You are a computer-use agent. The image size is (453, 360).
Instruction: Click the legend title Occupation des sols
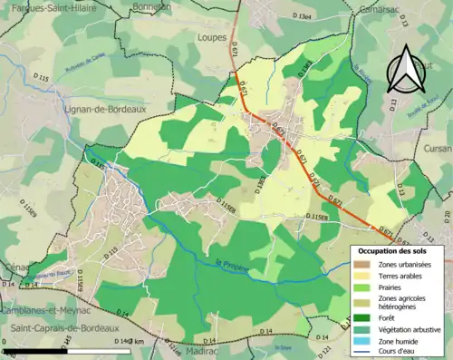[391, 250]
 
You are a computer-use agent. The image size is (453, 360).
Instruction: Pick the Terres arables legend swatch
[361, 275]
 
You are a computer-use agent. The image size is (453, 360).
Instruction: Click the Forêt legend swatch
[361, 317]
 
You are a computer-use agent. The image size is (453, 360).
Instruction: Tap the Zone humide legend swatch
[361, 340]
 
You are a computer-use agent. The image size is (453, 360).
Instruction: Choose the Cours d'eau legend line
[361, 351]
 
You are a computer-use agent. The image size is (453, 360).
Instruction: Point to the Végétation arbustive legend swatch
[361, 329]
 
